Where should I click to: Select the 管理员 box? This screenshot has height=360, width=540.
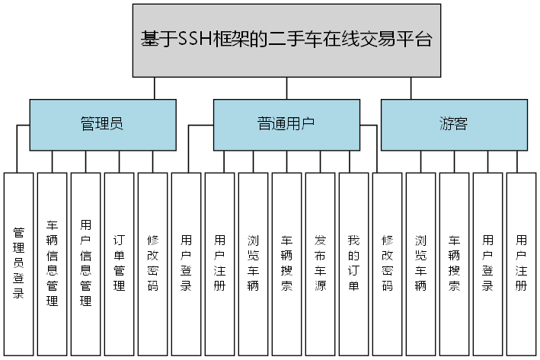(x=102, y=124)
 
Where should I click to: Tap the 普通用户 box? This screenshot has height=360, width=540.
(x=286, y=124)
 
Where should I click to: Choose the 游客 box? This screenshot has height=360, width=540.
(x=453, y=124)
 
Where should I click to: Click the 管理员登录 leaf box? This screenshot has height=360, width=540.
(x=19, y=263)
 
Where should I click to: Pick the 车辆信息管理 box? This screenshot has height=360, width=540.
(x=53, y=263)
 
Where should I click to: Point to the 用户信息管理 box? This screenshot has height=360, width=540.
(x=86, y=263)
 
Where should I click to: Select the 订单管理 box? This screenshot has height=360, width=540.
(x=120, y=263)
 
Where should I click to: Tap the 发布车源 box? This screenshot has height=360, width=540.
(x=320, y=263)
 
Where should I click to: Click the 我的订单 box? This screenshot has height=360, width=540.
(x=353, y=263)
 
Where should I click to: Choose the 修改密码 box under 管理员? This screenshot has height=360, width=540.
(x=153, y=263)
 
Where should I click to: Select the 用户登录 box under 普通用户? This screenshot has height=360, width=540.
(x=187, y=263)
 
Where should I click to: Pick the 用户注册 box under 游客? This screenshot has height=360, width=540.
(x=521, y=263)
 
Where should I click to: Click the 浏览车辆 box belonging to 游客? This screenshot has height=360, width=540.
(x=420, y=263)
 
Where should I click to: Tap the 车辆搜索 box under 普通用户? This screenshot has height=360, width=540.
(x=286, y=263)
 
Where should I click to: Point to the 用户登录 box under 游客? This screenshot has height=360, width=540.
(x=487, y=263)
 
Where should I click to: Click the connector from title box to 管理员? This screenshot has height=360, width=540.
(x=155, y=88)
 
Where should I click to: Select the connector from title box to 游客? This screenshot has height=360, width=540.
(x=411, y=88)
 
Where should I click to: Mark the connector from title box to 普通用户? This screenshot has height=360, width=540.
(x=286, y=88)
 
